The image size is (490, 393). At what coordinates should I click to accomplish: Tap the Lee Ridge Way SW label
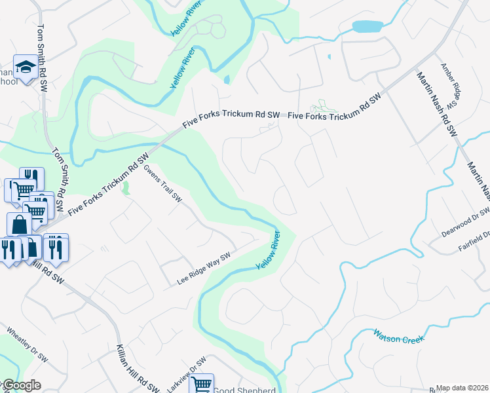204,270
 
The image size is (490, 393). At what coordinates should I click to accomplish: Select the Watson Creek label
399,337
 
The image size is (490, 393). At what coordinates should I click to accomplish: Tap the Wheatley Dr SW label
27,345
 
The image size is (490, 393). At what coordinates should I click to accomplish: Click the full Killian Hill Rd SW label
137,368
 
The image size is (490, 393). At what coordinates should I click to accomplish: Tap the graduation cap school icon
26,67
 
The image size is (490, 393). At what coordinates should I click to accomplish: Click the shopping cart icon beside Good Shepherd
202,384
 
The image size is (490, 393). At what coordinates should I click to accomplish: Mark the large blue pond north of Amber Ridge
367,27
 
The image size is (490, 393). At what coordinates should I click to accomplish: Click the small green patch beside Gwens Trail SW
126,189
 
